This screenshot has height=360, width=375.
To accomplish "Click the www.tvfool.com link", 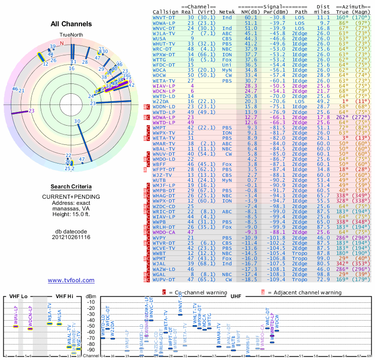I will click(x=71, y=280).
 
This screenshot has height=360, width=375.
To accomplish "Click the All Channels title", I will click(x=71, y=24).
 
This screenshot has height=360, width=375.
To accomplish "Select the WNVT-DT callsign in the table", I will click(x=165, y=17).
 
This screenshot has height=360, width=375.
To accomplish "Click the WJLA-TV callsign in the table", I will click(x=165, y=33).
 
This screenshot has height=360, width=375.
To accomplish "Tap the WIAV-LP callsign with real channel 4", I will click(x=165, y=86).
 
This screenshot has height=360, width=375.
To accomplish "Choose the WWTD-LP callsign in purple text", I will click(x=165, y=123).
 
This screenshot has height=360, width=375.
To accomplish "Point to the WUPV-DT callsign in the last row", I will click(x=165, y=279).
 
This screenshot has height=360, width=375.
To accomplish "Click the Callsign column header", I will click(x=165, y=11).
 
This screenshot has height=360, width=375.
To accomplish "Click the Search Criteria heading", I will click(x=71, y=186).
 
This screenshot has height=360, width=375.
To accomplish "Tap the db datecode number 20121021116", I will click(x=71, y=237).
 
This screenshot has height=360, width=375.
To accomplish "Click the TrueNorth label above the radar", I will click(x=71, y=35).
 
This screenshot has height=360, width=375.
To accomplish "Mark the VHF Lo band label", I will click(x=18, y=296).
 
